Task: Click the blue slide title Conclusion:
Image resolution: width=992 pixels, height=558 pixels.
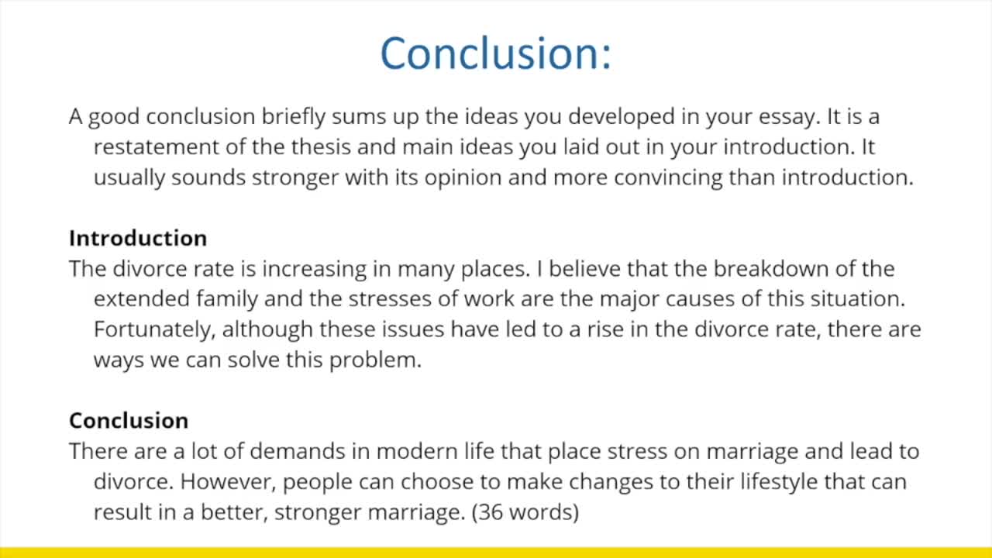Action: (x=495, y=53)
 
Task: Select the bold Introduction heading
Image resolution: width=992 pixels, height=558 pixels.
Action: (x=138, y=238)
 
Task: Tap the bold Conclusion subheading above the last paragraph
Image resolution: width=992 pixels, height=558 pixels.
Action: (x=129, y=420)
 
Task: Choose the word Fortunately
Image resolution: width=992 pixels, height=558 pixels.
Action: (x=154, y=329)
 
